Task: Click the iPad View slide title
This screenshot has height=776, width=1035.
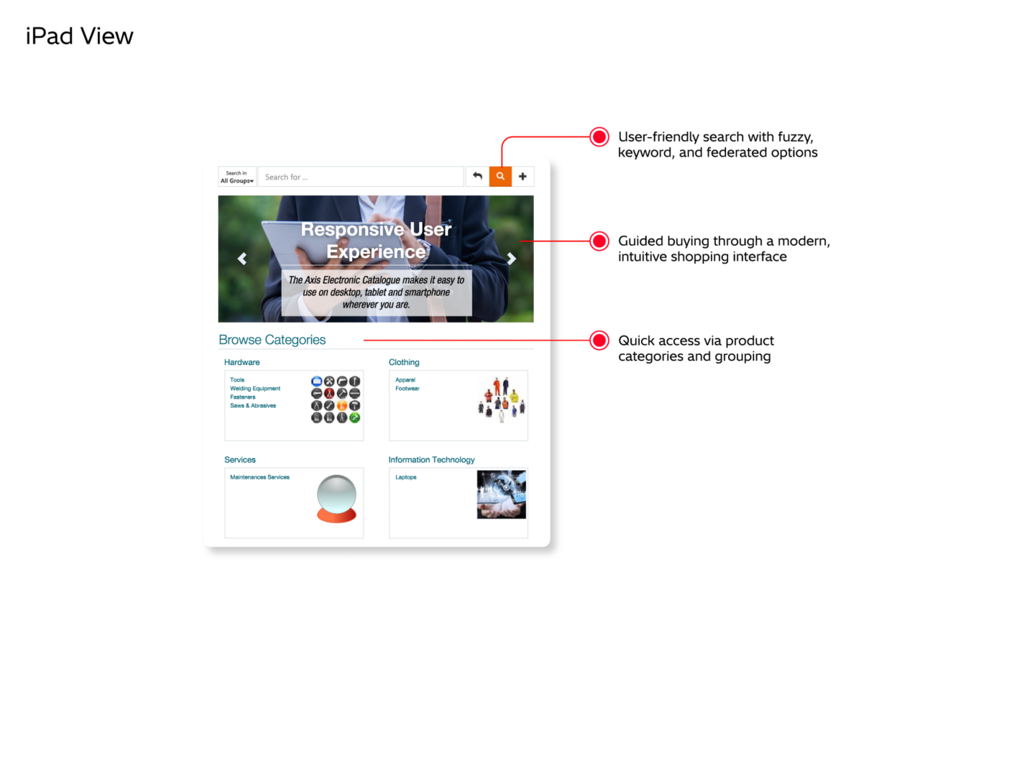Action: click(79, 36)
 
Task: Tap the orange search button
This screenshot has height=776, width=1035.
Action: click(500, 176)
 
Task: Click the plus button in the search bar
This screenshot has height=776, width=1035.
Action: click(523, 176)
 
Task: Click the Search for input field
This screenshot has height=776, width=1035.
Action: click(359, 177)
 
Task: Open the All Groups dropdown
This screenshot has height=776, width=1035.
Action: click(237, 177)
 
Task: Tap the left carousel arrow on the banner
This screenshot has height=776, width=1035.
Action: click(242, 259)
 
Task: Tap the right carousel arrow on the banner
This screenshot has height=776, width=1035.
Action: click(511, 259)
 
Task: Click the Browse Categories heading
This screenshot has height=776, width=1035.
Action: click(272, 340)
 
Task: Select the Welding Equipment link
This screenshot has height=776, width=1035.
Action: click(255, 389)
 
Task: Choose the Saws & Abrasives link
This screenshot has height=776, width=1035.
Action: click(253, 406)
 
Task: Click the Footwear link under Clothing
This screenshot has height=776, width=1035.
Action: click(407, 389)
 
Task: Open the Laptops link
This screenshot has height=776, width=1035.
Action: click(405, 477)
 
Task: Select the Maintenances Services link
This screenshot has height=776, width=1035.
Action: click(259, 477)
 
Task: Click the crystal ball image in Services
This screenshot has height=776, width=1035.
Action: click(336, 498)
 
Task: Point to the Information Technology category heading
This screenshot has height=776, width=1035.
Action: click(431, 460)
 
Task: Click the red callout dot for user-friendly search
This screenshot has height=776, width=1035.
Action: click(599, 137)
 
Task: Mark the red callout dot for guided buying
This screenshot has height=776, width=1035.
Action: click(599, 241)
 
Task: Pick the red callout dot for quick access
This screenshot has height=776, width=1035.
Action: click(599, 341)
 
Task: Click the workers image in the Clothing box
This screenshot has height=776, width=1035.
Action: click(502, 399)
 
